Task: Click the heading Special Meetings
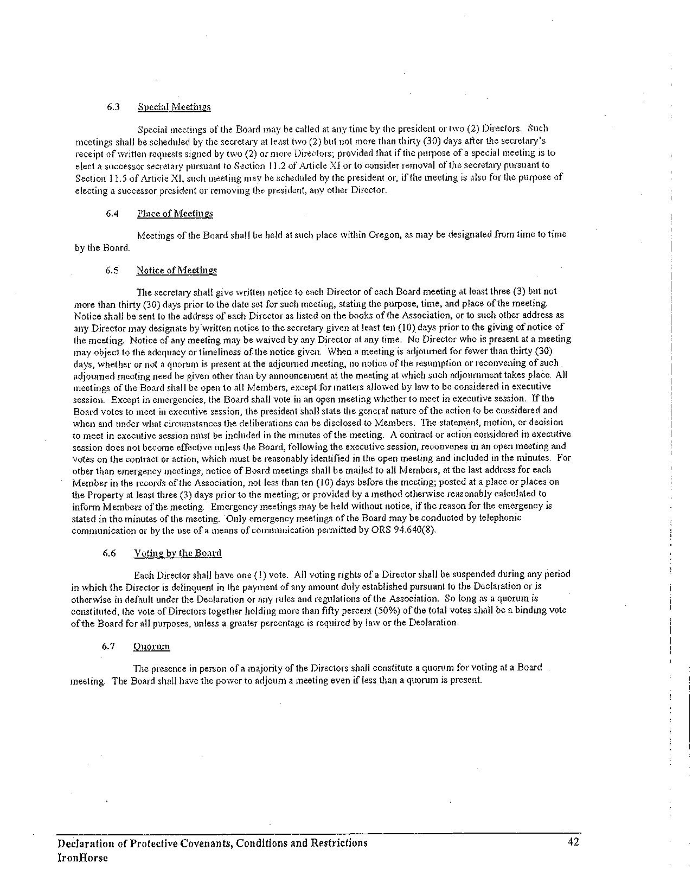coord(174,107)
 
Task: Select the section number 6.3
coord(113,107)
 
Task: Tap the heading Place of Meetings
coord(175,213)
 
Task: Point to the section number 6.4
coord(112,213)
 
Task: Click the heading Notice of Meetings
coord(176,270)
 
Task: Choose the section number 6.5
coord(112,270)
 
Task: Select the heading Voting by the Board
coord(178,553)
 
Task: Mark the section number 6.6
coord(109,553)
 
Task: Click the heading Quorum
coord(151,646)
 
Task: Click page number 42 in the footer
coord(573,842)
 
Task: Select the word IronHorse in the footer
coord(82,858)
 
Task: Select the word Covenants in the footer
coord(202,843)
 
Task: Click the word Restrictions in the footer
coord(338,843)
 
